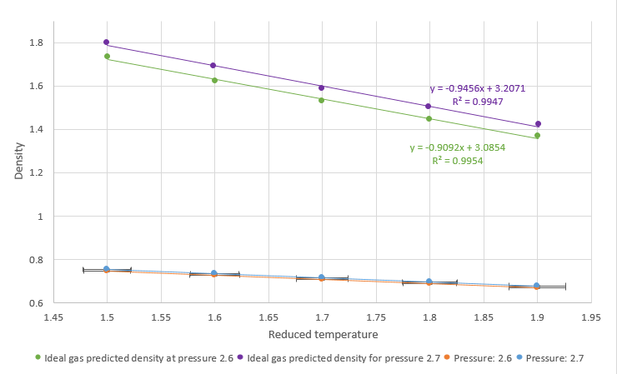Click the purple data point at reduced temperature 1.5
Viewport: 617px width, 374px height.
[x=107, y=42]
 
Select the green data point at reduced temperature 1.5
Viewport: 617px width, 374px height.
[x=107, y=57]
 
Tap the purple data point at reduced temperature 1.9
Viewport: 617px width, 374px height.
[x=538, y=124]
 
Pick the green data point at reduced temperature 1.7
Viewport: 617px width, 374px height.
[x=322, y=100]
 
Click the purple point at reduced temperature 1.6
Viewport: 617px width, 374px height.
[x=214, y=66]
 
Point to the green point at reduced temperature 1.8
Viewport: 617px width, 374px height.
[x=429, y=119]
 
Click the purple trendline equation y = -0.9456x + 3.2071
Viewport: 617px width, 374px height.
[x=477, y=87]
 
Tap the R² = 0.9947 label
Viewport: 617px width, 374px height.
[x=471, y=100]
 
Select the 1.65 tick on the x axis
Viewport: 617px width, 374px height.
[x=268, y=317]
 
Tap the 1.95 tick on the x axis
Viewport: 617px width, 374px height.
[x=591, y=317]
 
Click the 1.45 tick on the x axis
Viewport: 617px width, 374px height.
[x=53, y=317]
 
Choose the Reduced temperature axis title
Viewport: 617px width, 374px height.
[x=324, y=335]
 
